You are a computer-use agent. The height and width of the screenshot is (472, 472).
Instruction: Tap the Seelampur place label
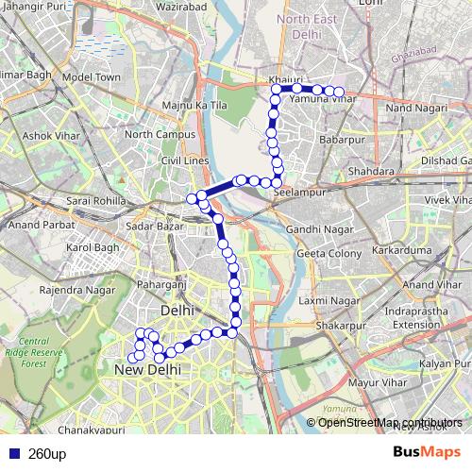point(298,192)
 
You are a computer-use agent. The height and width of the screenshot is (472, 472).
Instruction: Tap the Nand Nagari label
point(413,110)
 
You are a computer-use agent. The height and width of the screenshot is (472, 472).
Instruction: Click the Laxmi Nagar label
point(329,300)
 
